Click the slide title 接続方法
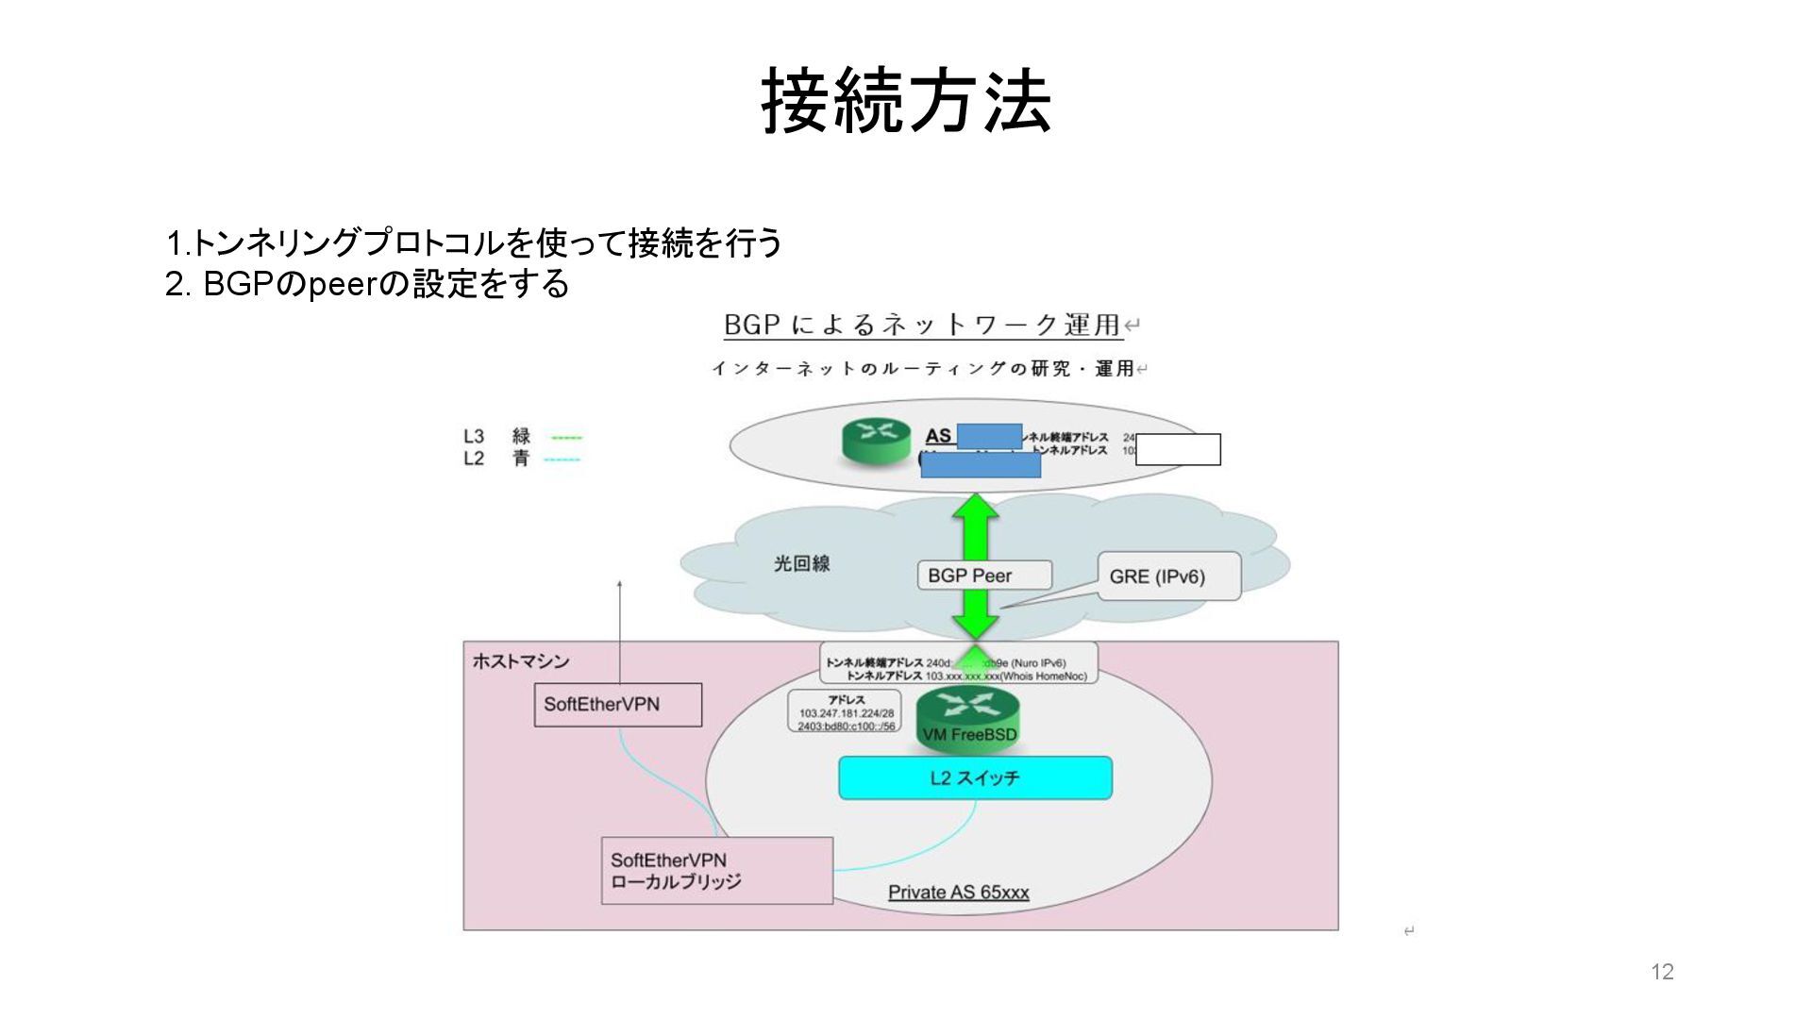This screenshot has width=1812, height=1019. coord(906,101)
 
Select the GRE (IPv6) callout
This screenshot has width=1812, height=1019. coord(1168,576)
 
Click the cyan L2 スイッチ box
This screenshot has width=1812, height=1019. coord(975,777)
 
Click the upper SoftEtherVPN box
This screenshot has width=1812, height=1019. coord(617,705)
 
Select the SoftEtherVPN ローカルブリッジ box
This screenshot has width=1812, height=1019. coord(716,871)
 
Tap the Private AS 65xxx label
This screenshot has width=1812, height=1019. coord(958,893)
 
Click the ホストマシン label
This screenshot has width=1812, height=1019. coord(521,661)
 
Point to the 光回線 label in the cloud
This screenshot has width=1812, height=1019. coord(801,564)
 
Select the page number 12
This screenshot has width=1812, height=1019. coord(1662,972)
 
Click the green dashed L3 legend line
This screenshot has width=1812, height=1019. coord(566,438)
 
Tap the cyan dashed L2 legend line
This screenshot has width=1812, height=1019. coord(562,459)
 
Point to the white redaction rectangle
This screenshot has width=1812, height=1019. coord(1178,450)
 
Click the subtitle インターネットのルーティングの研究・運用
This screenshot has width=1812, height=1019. coord(922,369)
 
